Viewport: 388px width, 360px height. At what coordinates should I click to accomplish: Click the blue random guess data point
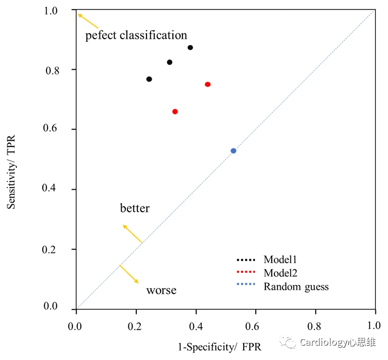click(233, 151)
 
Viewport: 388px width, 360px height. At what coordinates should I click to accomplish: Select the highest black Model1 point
click(190, 48)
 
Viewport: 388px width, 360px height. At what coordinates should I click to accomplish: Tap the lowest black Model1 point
click(149, 79)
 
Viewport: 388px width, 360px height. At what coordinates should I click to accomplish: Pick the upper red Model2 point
click(208, 85)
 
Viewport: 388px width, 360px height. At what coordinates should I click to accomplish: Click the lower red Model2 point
click(175, 112)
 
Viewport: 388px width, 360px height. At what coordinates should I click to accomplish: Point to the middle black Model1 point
click(170, 62)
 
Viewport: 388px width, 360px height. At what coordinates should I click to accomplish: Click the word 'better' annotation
click(135, 208)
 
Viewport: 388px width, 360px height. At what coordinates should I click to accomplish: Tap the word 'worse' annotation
click(161, 290)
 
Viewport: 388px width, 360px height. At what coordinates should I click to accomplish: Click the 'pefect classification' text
click(136, 35)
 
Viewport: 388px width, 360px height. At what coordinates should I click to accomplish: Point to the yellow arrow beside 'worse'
click(128, 274)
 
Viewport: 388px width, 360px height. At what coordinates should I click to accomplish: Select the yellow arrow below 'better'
click(132, 234)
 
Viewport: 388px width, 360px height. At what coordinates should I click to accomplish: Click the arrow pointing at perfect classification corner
click(88, 21)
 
